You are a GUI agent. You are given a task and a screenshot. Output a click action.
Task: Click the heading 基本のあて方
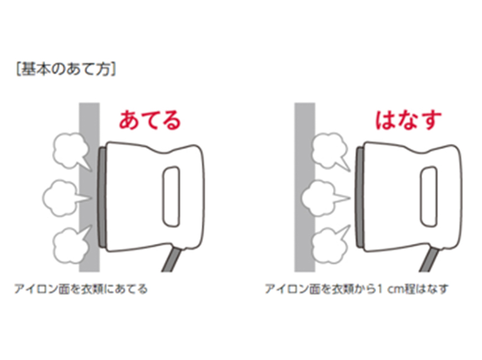click(66, 69)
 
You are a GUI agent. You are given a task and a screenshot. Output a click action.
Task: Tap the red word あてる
click(150, 120)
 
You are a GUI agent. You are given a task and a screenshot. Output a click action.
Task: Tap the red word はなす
click(408, 120)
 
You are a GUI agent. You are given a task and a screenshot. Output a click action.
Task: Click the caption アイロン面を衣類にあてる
click(81, 289)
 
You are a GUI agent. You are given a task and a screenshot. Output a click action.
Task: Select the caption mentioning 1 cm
click(356, 289)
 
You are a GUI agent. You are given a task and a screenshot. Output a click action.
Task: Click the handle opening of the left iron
click(171, 197)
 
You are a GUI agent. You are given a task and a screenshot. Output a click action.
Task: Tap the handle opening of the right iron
click(429, 197)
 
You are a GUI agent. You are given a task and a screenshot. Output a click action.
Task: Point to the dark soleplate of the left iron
click(102, 197)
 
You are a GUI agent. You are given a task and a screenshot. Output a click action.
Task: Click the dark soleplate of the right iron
click(360, 197)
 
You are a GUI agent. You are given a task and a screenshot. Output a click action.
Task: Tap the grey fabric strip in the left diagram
click(89, 187)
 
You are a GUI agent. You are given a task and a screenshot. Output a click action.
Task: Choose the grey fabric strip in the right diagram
click(305, 187)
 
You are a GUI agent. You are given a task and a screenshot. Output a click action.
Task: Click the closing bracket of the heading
click(113, 69)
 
